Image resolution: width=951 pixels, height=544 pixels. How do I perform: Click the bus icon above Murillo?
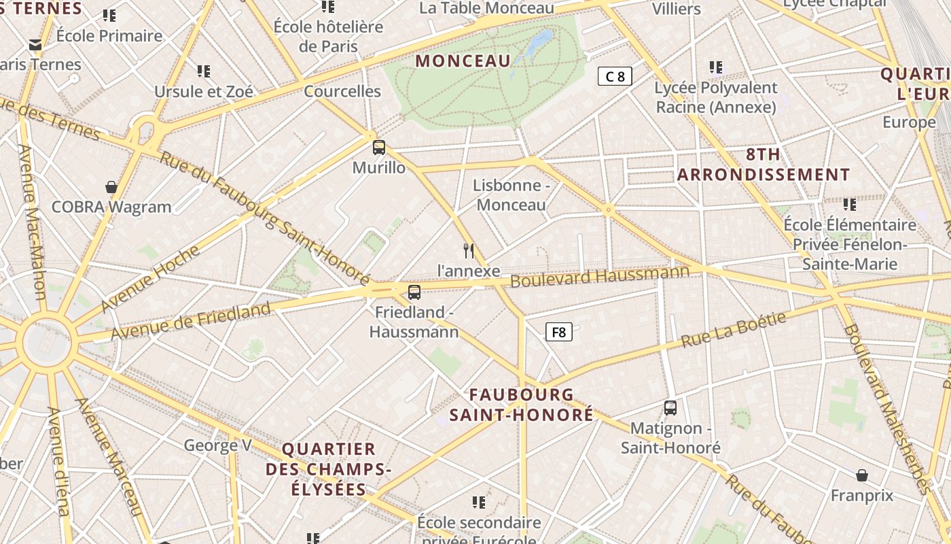click(x=379, y=147)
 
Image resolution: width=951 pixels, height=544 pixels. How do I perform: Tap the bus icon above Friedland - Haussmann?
click(x=414, y=292)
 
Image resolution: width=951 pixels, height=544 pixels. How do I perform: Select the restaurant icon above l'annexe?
click(x=468, y=250)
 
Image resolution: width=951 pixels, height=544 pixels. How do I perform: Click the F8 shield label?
click(x=558, y=332)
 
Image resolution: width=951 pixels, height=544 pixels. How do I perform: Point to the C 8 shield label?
click(x=615, y=76)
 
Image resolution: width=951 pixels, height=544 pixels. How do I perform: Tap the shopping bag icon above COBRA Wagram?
click(x=111, y=186)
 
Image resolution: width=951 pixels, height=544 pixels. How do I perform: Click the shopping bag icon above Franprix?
click(x=862, y=475)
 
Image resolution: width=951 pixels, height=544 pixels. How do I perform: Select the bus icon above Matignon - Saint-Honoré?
click(x=670, y=408)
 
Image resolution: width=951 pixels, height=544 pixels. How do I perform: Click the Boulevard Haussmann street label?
click(x=600, y=276)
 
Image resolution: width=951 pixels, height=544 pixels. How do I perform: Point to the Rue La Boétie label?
click(x=734, y=330)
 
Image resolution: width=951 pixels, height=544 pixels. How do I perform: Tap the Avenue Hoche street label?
click(x=150, y=279)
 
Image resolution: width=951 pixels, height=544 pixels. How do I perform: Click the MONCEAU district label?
click(x=463, y=61)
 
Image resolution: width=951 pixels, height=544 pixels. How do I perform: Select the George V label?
click(x=217, y=445)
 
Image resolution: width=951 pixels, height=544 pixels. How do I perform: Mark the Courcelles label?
click(x=342, y=91)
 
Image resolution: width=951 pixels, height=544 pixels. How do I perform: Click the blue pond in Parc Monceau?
click(x=537, y=42)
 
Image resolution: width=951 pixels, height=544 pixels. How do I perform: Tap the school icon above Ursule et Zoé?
click(x=204, y=71)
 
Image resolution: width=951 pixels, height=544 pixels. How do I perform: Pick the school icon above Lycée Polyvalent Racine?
click(x=716, y=67)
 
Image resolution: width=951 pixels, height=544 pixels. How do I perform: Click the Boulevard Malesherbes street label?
click(x=886, y=408)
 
